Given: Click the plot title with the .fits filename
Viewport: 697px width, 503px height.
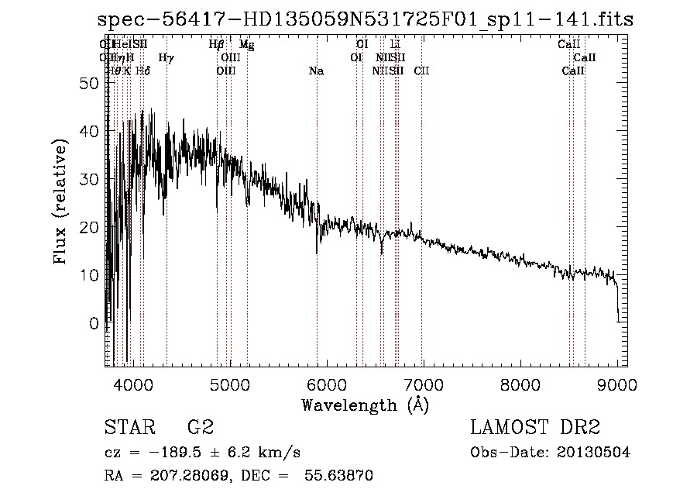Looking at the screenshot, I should point(362,19).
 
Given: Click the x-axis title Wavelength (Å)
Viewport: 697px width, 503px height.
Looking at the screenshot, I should point(365,405).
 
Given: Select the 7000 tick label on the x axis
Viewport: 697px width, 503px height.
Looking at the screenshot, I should point(423,384).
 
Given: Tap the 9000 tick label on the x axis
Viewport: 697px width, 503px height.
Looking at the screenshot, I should point(616,384).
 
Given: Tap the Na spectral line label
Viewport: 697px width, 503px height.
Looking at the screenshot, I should point(316,71).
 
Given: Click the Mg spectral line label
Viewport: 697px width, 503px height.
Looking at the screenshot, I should point(246,45).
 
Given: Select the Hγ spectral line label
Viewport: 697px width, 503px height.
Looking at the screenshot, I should point(166,58).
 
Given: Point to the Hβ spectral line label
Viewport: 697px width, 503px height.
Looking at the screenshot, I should point(217,45).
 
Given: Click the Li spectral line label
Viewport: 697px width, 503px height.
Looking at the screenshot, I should point(395,45).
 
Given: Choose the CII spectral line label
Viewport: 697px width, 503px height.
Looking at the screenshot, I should point(422,71).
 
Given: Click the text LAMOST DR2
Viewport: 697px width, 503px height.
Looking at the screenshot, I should point(535,428).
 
